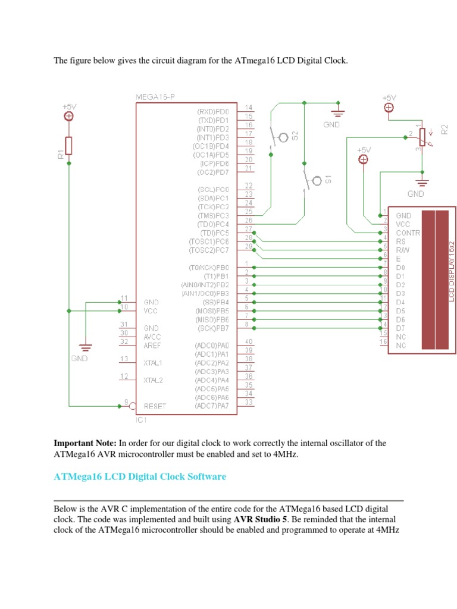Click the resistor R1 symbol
tap(68, 146)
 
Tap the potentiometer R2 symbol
tap(422, 137)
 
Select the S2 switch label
tap(295, 136)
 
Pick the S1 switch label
tap(328, 179)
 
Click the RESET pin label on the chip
tap(155, 406)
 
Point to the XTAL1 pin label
tap(153, 363)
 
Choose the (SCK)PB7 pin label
tap(214, 328)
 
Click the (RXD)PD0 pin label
tap(213, 112)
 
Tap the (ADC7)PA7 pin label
tap(212, 406)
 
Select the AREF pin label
tap(152, 346)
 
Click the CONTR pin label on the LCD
tap(408, 233)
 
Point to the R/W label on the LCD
tap(403, 250)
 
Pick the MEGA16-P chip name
tap(155, 97)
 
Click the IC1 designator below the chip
tap(141, 420)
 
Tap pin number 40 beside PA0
tap(249, 341)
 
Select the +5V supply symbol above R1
tap(69, 116)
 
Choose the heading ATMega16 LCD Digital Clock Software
tap(140, 476)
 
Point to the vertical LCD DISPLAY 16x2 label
tap(452, 271)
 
